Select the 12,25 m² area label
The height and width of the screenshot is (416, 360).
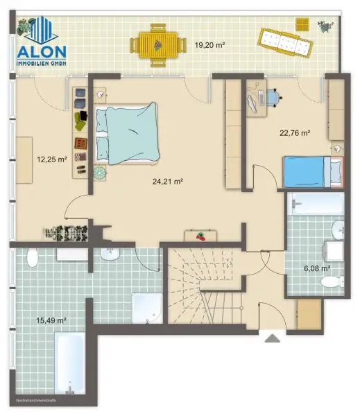point(51,159)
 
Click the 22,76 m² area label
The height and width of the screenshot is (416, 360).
point(294,133)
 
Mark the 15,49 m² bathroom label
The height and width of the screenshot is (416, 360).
point(51,320)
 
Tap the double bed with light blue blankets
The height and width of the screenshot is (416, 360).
point(127,133)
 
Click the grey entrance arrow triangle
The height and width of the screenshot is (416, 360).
point(271,338)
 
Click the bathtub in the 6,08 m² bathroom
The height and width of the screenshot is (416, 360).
point(316,205)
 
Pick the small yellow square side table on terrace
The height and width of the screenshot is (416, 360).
point(302,24)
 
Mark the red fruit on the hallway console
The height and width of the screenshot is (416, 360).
point(201,236)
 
